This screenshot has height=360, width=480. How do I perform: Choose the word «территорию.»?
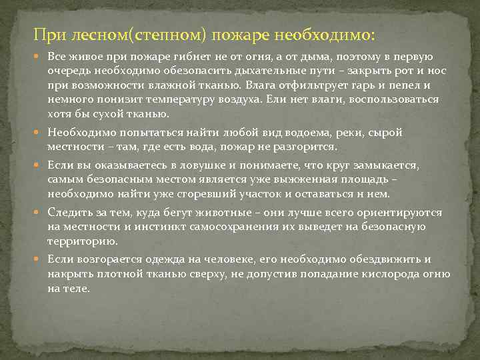point(83,241)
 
